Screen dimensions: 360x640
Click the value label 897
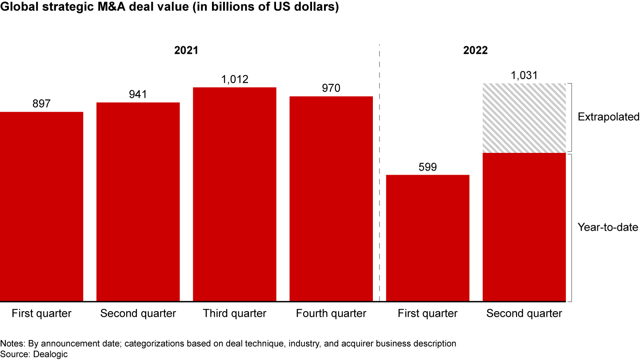[x=41, y=104]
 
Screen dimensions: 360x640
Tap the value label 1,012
[x=235, y=80]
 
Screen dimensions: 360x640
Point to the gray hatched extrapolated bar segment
[x=524, y=118]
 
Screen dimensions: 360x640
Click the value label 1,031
[x=524, y=76]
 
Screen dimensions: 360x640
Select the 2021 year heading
[x=186, y=50]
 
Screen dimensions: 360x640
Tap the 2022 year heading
[x=476, y=50]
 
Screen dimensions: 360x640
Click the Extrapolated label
[x=608, y=117]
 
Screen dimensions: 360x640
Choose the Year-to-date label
[x=608, y=228]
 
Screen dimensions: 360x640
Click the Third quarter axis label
[x=235, y=313]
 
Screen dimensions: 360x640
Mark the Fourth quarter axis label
[x=331, y=313]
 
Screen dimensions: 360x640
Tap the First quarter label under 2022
[x=428, y=313]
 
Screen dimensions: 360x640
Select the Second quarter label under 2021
[x=138, y=313]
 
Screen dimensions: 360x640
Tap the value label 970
[x=331, y=88]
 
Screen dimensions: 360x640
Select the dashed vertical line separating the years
[x=379, y=178]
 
